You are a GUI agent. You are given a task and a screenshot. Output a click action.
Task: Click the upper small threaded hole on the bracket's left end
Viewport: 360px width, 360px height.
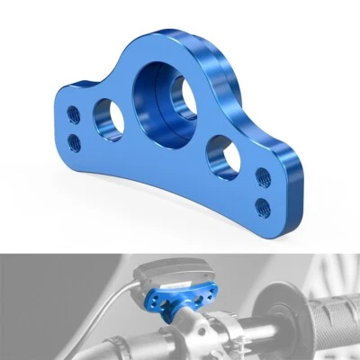click(x=74, y=114)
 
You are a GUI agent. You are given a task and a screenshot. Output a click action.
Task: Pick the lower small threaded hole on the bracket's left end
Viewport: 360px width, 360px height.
click(x=74, y=141)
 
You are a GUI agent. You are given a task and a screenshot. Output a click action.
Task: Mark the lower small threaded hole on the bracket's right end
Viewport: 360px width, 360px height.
click(x=263, y=204)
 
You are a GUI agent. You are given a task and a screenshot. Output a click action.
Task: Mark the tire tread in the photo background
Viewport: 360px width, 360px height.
click(x=337, y=270)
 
